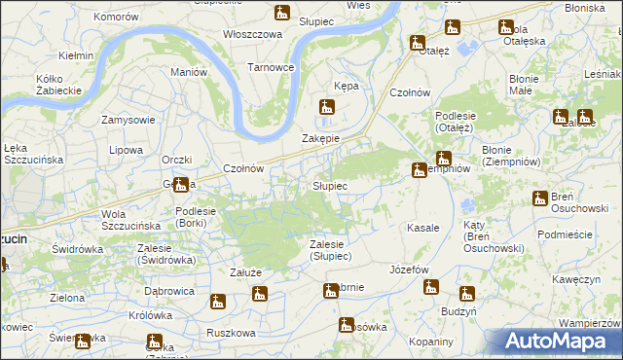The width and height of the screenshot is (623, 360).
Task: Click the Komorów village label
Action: [119, 18]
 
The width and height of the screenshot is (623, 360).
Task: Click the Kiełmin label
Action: [75, 55]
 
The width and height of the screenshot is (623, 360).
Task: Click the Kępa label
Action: [347, 86]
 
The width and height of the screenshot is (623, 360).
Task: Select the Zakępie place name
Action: [320, 138]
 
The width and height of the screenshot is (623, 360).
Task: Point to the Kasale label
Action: [423, 228]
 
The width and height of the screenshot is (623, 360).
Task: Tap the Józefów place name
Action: [409, 269]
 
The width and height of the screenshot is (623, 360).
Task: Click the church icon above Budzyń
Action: [466, 293]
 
